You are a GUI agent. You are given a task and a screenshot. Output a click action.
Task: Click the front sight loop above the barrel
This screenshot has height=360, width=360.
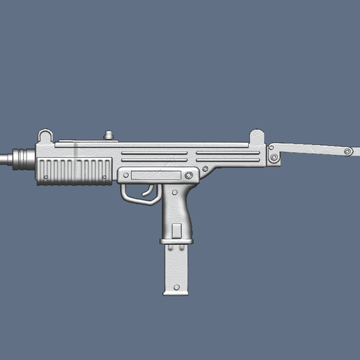pyautogui.click(x=45, y=135)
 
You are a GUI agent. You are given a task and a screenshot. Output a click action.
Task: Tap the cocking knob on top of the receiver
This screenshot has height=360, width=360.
pyautogui.click(x=109, y=135)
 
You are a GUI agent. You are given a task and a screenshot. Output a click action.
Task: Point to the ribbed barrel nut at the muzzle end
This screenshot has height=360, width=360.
pyautogui.click(x=23, y=158)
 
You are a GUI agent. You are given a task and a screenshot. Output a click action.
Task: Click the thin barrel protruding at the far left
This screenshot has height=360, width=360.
pyautogui.click(x=5, y=159)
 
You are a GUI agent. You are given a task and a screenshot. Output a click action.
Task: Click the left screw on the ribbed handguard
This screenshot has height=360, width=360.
pyautogui.click(x=46, y=177)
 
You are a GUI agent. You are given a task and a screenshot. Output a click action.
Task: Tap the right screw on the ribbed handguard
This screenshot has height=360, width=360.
pyautogui.click(x=105, y=177)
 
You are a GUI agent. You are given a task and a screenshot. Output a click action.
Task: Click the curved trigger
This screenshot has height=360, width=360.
pyautogui.click(x=148, y=190)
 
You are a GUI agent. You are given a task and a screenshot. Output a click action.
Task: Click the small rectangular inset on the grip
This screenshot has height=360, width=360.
pyautogui.click(x=177, y=230)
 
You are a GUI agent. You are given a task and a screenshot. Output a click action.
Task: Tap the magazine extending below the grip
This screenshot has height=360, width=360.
pyautogui.click(x=177, y=269)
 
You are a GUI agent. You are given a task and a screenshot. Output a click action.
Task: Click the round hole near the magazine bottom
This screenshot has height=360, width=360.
pyautogui.click(x=177, y=287)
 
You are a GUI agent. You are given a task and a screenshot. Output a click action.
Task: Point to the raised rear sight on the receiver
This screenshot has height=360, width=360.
pyautogui.click(x=257, y=137)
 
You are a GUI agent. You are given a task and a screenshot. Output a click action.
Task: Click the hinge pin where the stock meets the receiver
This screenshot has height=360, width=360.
pyautogui.click(x=274, y=157)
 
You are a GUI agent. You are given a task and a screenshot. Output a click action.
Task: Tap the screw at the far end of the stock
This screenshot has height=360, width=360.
pyautogui.click(x=347, y=151)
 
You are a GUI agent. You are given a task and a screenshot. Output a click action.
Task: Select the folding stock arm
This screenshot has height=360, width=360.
pyautogui.click(x=310, y=149)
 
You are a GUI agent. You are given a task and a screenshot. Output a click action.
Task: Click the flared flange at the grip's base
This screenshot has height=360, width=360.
pyautogui.click(x=176, y=242)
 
